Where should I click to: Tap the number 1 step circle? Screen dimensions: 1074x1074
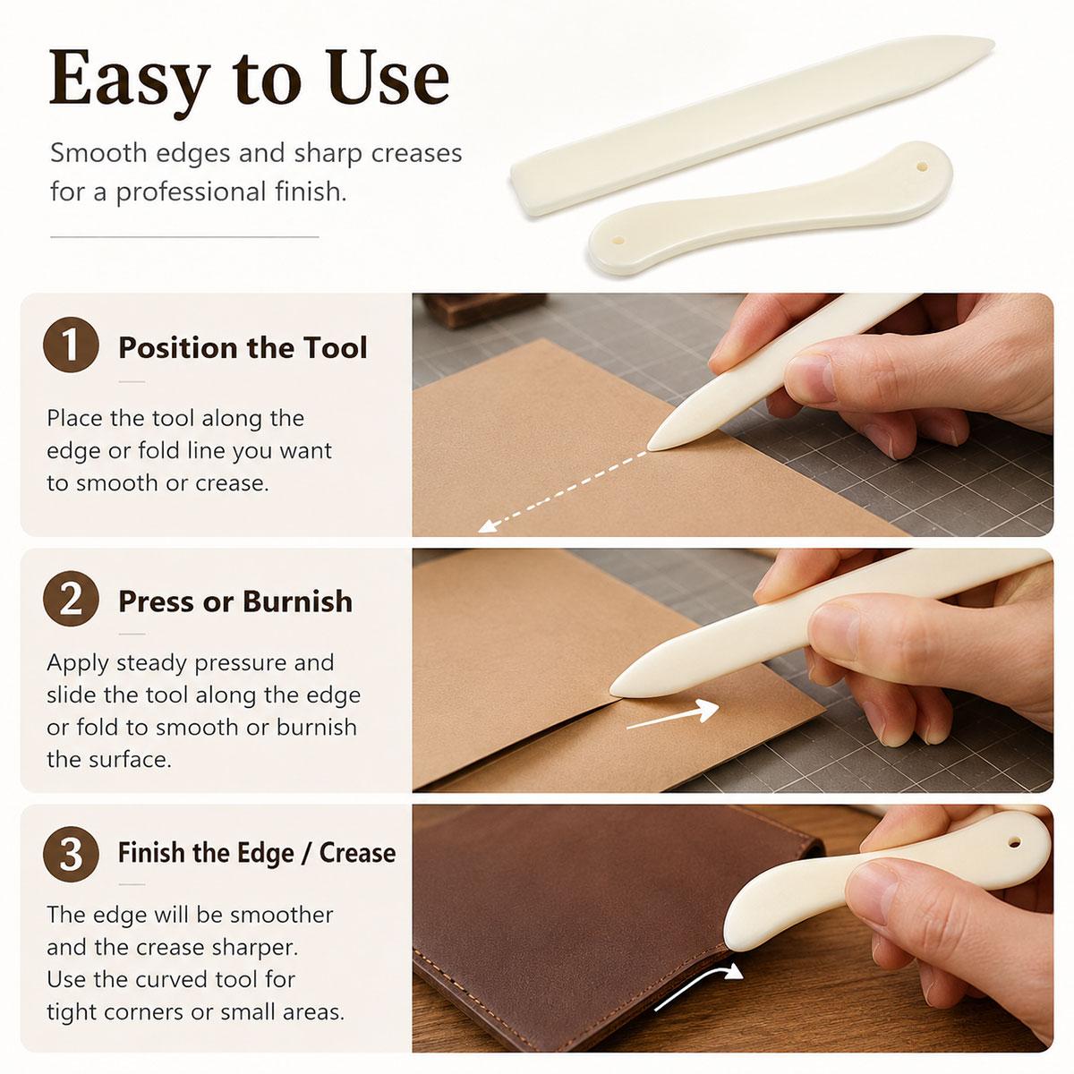pos(71,345)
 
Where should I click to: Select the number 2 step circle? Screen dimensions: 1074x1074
pos(71,600)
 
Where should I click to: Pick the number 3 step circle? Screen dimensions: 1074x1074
pos(71,853)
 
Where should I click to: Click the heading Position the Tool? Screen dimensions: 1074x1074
pos(243,347)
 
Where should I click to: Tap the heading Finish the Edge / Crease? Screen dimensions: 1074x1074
pos(257,853)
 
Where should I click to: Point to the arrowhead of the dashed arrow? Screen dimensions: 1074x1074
pos(486,525)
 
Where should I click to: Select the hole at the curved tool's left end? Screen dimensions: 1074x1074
pos(617,241)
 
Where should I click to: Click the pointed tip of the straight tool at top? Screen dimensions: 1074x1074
pos(993,43)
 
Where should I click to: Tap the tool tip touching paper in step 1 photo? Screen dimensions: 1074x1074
pos(651,447)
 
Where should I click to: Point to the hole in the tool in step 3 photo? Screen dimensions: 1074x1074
pos(1014,841)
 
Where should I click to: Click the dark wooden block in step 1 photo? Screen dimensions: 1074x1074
pos(484,309)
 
